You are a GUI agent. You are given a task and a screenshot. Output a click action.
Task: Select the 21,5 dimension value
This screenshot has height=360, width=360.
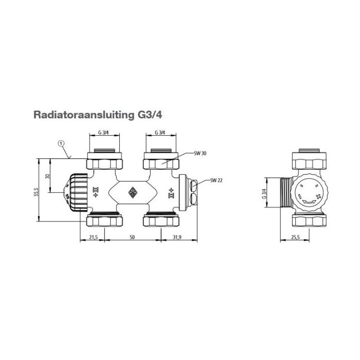tap(93, 238)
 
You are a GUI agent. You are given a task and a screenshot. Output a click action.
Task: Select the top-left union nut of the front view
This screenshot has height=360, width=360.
tap(105, 163)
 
